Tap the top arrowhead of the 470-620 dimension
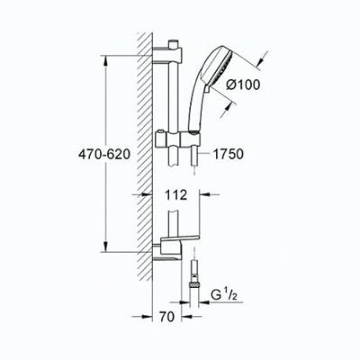[x=109, y=58]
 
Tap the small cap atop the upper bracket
[x=170, y=40]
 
